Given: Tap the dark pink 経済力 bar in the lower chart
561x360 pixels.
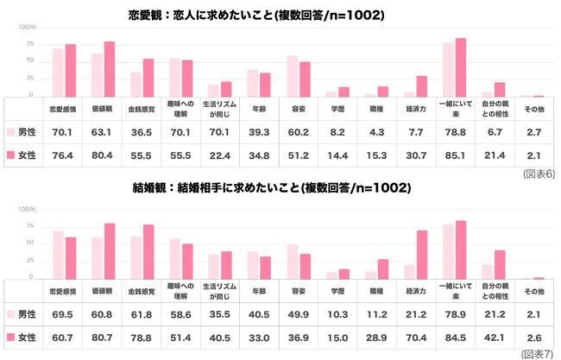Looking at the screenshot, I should (x=422, y=255).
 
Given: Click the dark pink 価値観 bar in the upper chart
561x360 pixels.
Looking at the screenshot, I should (x=110, y=68).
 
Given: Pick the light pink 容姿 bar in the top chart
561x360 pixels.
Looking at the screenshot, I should (x=293, y=75).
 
